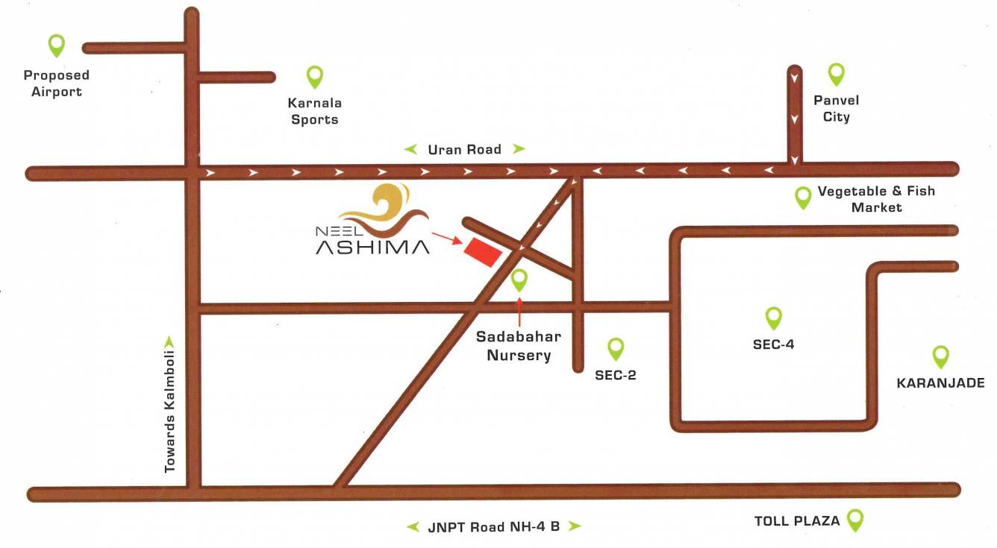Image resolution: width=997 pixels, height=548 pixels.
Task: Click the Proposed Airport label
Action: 56,84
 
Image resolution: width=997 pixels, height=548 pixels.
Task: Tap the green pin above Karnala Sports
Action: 315,76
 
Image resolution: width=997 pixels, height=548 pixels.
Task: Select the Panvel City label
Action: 836,108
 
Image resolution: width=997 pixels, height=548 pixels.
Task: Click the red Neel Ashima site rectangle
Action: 482,252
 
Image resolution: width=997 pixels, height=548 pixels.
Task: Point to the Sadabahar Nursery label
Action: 519,346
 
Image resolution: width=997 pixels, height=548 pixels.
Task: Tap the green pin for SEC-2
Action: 616,348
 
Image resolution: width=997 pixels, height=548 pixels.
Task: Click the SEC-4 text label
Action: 774,345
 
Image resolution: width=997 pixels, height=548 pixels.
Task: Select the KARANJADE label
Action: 940,383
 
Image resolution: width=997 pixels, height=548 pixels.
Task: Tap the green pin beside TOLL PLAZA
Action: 855,520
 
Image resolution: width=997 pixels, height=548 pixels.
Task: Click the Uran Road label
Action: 464,149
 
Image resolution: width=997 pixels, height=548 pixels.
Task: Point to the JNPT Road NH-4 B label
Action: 494,526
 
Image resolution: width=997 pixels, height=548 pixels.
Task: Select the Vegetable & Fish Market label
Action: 876,199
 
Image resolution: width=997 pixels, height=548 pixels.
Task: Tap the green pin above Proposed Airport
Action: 56,45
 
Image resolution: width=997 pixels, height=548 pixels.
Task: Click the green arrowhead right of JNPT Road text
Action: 574,526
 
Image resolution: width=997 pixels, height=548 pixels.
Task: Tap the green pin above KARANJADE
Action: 940,356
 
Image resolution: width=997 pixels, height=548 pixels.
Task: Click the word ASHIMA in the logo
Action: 372,246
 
